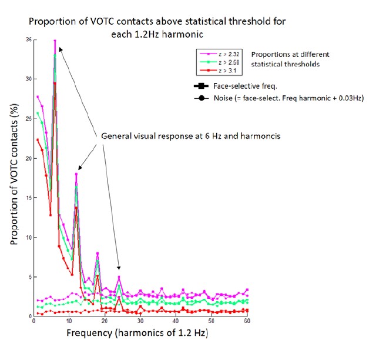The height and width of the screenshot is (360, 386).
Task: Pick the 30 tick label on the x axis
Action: coord(140,324)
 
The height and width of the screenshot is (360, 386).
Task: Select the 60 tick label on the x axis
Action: coord(247,324)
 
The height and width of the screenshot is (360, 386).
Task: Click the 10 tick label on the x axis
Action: coord(69,324)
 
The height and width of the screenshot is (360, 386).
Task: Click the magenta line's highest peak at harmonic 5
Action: coord(55,41)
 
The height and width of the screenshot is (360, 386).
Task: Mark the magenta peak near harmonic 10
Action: coord(76,174)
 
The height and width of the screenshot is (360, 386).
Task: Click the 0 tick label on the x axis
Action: coord(34,324)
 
